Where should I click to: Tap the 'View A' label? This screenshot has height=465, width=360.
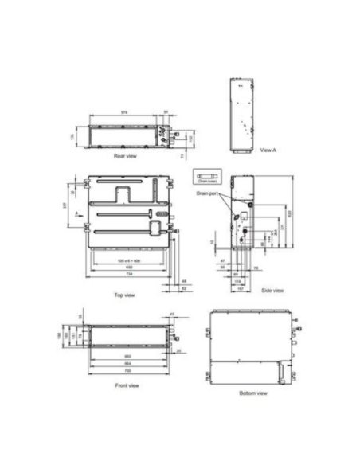pyautogui.click(x=268, y=149)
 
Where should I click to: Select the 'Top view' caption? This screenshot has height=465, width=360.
pyautogui.click(x=125, y=295)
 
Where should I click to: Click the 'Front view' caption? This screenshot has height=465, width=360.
pyautogui.click(x=128, y=385)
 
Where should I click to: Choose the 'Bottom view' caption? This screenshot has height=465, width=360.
pyautogui.click(x=253, y=393)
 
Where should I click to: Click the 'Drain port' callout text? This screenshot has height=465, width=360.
pyautogui.click(x=207, y=193)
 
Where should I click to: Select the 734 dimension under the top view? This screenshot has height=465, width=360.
pyautogui.click(x=129, y=275)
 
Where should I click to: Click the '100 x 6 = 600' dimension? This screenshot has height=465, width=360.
pyautogui.click(x=127, y=260)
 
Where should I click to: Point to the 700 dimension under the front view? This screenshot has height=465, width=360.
pyautogui.click(x=128, y=370)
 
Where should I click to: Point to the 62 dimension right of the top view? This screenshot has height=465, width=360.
pyautogui.click(x=184, y=287)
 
